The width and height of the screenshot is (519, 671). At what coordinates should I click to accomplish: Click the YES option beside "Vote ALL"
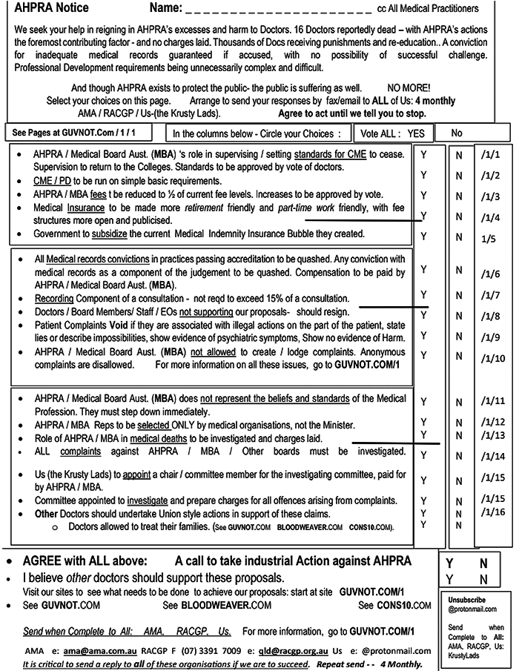(x=416, y=133)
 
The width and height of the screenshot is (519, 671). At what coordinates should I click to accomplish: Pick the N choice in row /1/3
(x=459, y=196)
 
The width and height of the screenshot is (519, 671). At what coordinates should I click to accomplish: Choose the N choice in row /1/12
(x=459, y=422)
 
